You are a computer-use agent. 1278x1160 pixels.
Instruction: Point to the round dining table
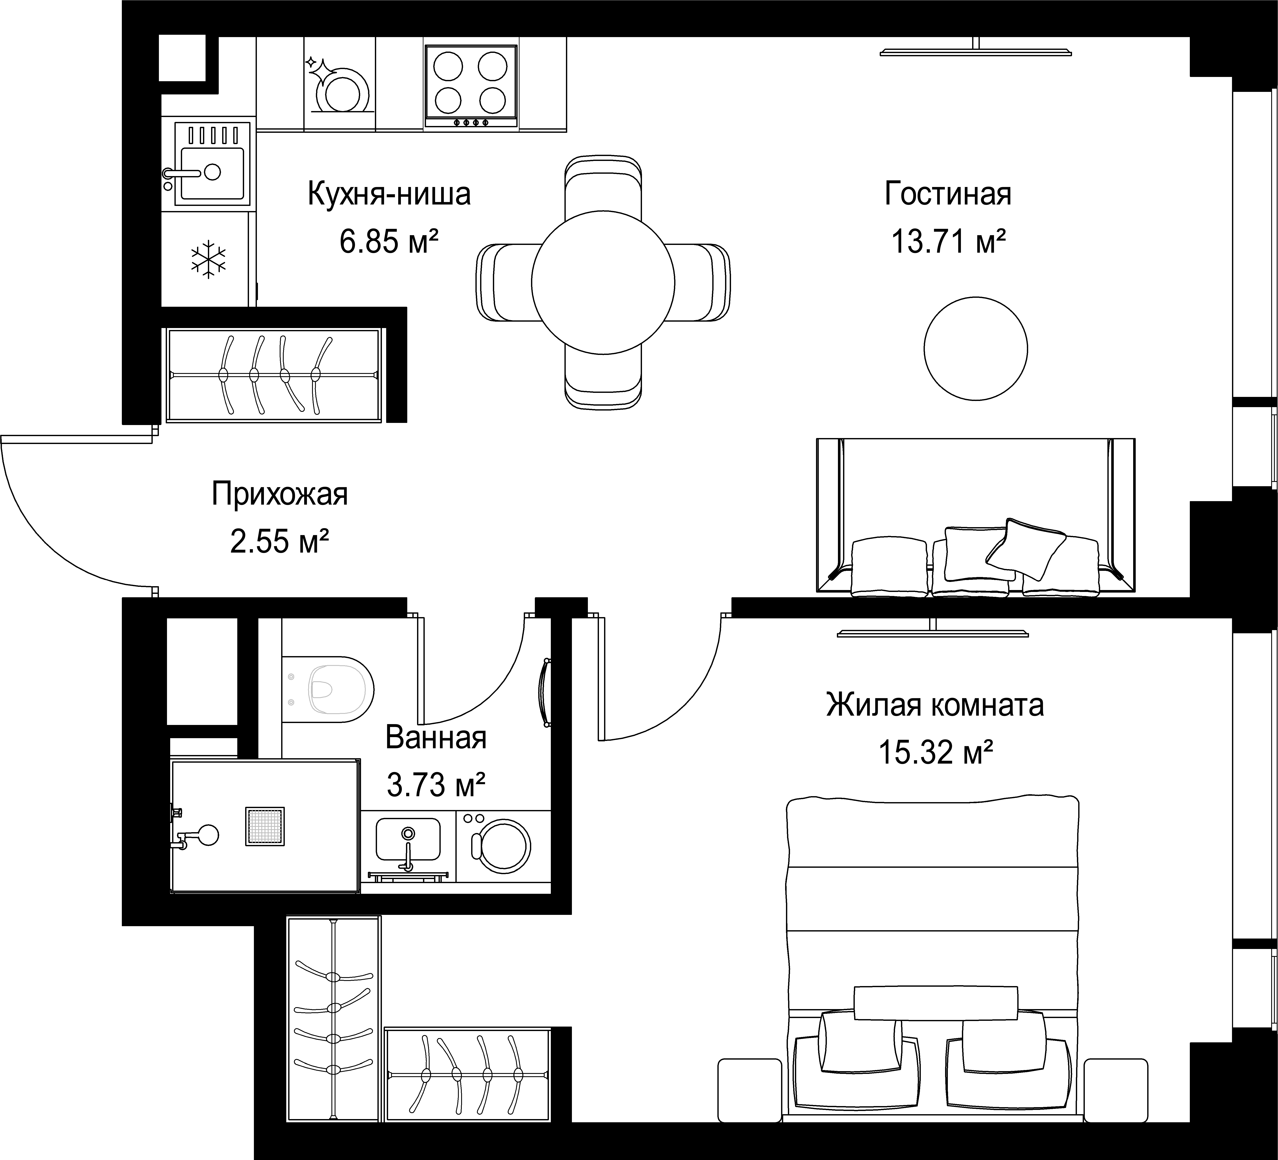point(603,282)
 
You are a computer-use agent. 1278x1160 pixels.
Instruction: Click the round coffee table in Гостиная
point(976,348)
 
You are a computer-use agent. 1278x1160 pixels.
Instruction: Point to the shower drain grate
point(265,826)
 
